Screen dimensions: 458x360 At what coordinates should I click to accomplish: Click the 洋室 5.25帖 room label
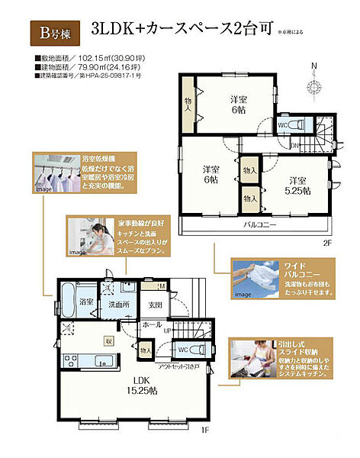point(296,185)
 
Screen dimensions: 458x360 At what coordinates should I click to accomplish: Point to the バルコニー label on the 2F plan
point(260,226)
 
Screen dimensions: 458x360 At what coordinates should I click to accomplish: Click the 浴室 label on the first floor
point(86,302)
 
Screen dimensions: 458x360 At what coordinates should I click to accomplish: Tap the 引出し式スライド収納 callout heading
point(294,350)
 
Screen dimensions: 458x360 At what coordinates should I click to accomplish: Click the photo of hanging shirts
point(55,174)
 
